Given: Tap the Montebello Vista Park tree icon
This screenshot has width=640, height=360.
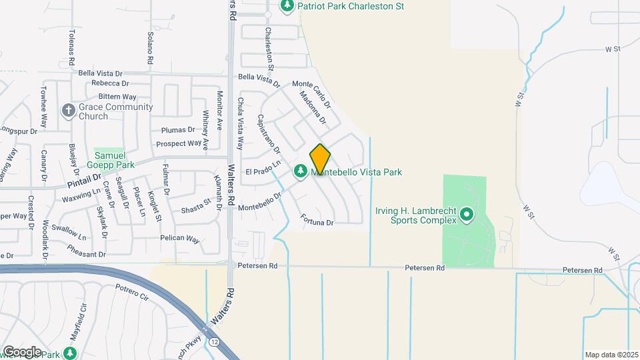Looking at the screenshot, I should tap(301, 172).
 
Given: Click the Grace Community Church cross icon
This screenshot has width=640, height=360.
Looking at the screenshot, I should tap(68, 111).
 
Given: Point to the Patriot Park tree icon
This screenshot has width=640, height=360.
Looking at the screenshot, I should tap(287, 6).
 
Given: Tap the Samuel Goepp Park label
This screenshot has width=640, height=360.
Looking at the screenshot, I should tap(111, 160).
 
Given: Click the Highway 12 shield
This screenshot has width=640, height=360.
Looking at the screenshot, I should tap(214, 341).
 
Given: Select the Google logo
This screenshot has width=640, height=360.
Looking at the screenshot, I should tap(21, 351).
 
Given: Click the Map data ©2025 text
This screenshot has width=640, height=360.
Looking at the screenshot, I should tap(611, 355).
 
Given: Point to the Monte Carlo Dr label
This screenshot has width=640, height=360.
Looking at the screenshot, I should tap(311, 93).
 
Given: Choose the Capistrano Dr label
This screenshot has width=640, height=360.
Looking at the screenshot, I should tap(269, 133).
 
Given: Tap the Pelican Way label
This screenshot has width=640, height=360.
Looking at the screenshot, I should tap(179, 239).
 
